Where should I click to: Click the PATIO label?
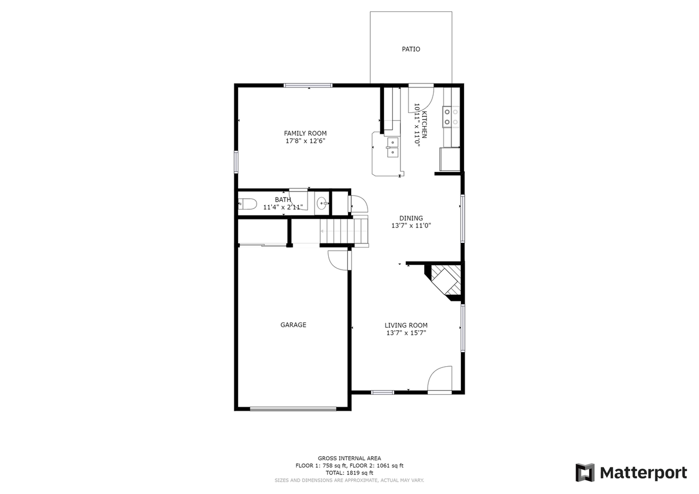(x=411, y=49)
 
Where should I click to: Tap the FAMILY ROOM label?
(x=305, y=133)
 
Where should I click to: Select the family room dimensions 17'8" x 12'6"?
(x=305, y=141)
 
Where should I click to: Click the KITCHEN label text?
(x=424, y=124)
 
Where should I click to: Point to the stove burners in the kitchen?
(x=451, y=117)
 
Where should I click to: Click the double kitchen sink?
(x=393, y=147)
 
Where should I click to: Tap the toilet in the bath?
(x=248, y=204)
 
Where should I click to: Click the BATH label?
(x=283, y=200)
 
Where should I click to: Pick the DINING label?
(x=411, y=218)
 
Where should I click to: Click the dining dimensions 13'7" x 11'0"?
(x=411, y=225)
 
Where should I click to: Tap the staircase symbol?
(x=344, y=230)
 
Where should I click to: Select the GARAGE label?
(x=293, y=325)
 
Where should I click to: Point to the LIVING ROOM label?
(x=406, y=325)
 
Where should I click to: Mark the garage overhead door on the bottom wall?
(x=293, y=408)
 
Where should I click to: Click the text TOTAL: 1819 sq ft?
(x=349, y=473)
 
